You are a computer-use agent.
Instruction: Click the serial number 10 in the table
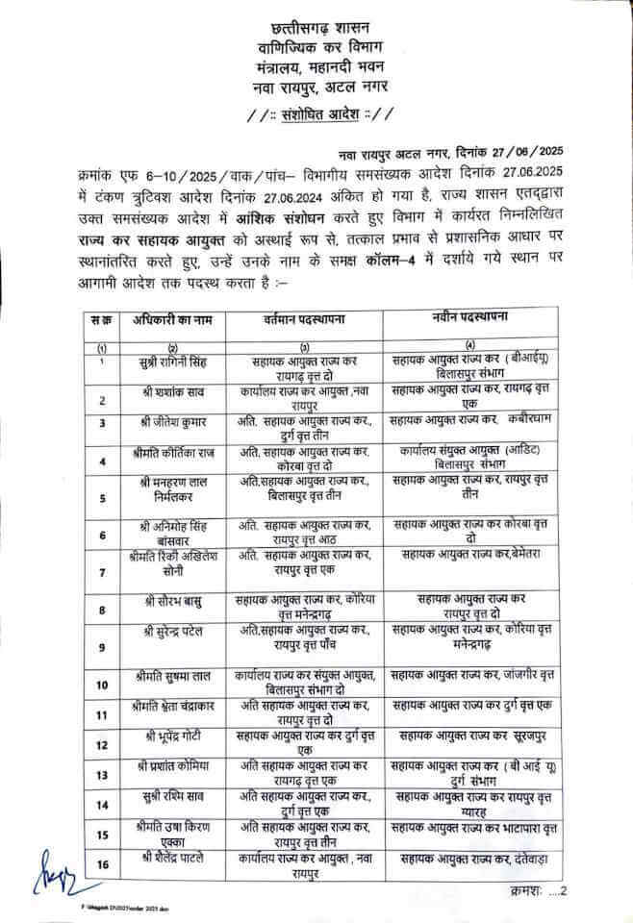click(101, 684)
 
